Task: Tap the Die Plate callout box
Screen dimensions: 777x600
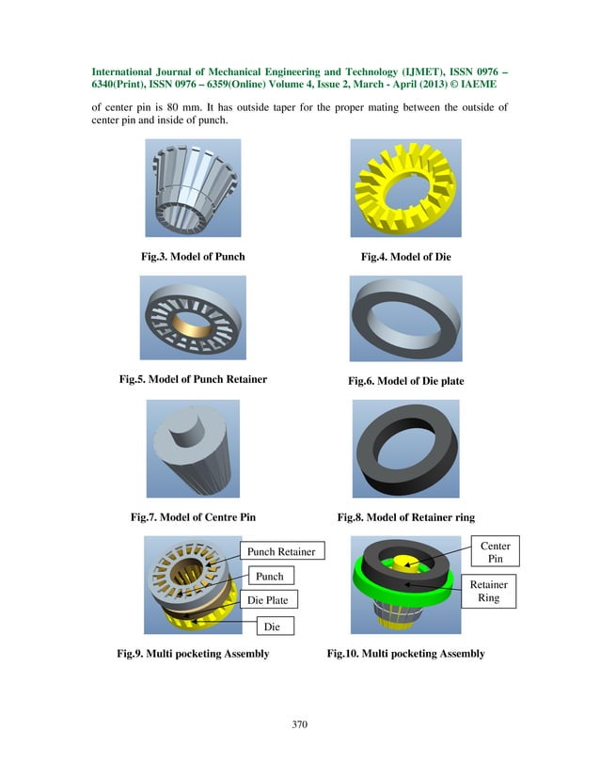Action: (267, 599)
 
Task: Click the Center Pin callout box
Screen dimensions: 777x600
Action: (495, 552)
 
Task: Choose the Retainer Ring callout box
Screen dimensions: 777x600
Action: (489, 591)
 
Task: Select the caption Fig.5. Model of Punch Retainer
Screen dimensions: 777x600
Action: (193, 380)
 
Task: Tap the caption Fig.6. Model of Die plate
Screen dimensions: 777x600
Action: (405, 381)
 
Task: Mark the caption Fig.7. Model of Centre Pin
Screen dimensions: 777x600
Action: (193, 516)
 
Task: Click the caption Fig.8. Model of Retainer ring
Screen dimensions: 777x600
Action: (405, 516)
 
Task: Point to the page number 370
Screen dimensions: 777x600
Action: (300, 724)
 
